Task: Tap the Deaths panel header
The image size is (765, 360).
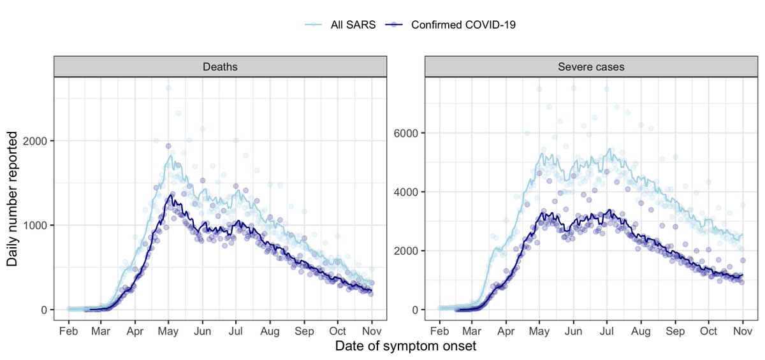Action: [220, 66]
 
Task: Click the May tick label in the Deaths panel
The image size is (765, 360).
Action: [168, 331]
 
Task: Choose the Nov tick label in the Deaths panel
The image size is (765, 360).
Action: [372, 331]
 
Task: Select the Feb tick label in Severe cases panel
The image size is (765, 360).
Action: [439, 331]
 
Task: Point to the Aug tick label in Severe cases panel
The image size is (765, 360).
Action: [641, 331]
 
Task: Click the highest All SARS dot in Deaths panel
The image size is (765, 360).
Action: [168, 88]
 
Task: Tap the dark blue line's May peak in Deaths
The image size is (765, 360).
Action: [169, 196]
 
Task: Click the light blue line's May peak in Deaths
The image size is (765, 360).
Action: [170, 155]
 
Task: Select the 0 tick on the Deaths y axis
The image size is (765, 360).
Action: [44, 310]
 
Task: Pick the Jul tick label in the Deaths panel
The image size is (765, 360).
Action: [236, 331]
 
